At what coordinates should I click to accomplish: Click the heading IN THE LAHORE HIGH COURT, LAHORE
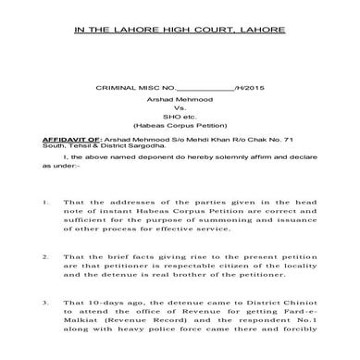(180, 31)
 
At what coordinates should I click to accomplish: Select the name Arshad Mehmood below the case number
(181, 99)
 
